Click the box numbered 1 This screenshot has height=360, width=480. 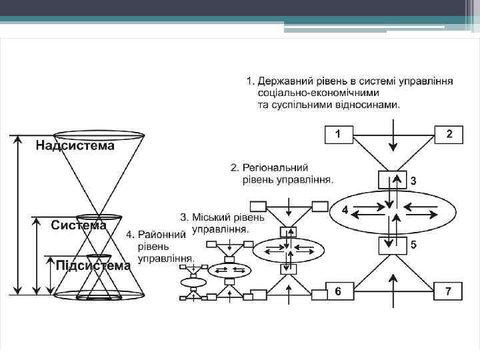[338, 135]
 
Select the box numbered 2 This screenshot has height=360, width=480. [449, 135]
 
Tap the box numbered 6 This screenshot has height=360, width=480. [338, 291]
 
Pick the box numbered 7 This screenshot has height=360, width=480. [449, 291]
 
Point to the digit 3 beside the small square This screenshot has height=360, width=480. [413, 181]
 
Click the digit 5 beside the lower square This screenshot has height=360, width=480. [414, 245]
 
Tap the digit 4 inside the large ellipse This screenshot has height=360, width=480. [345, 209]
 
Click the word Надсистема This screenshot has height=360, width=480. [75, 145]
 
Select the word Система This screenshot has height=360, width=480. [79, 225]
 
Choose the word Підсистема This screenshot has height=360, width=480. [93, 265]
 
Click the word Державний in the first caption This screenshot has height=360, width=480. [287, 81]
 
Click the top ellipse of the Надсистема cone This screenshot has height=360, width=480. [99, 135]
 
